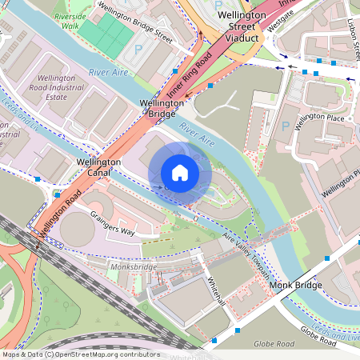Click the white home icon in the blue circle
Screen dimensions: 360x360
coord(180,173)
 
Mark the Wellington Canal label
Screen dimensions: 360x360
coord(98,168)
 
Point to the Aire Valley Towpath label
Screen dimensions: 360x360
coord(246,251)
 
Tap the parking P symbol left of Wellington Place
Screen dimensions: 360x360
coord(285,126)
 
